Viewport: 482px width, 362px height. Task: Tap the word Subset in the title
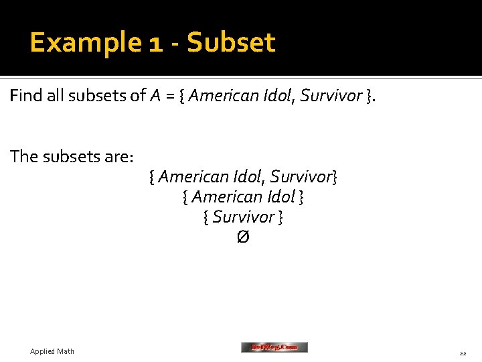point(231,43)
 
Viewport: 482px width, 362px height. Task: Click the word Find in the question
point(25,97)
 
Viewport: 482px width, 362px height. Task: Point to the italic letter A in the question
point(155,97)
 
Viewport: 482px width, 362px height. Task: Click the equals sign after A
point(171,97)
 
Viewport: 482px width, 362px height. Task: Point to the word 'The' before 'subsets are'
point(24,157)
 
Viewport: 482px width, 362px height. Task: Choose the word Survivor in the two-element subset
point(301,177)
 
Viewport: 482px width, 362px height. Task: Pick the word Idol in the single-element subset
point(280,197)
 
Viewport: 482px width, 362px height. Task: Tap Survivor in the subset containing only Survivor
point(244,217)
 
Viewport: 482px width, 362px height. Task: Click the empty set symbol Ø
point(243,237)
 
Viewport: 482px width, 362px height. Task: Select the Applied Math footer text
point(52,351)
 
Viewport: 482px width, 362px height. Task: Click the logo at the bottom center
point(274,347)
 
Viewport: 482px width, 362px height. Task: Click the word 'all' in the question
point(56,97)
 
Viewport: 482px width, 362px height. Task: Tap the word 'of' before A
point(138,97)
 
